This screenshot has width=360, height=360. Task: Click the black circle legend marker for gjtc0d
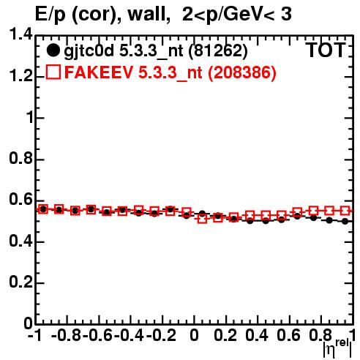(x=53, y=50)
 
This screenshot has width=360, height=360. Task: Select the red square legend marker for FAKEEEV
(x=53, y=72)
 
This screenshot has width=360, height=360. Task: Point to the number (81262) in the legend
(x=218, y=50)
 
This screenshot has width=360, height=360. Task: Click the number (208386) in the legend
(x=241, y=72)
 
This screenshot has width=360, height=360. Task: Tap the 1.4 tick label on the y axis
(x=20, y=34)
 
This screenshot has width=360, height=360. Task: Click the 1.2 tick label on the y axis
(x=20, y=76)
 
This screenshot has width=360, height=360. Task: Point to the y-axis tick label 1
(x=29, y=118)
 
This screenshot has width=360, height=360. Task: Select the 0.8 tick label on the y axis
(x=20, y=159)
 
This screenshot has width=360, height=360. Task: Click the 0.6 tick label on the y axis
(x=20, y=200)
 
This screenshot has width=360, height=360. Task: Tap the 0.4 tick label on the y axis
(x=20, y=241)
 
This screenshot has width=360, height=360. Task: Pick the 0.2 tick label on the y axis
(x=20, y=282)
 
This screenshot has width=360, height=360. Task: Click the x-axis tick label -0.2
(x=161, y=336)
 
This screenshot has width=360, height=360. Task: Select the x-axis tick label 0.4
(x=257, y=336)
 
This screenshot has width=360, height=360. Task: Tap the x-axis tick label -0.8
(x=67, y=336)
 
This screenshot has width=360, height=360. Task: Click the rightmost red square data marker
(x=345, y=211)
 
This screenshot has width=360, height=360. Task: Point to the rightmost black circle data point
(x=345, y=221)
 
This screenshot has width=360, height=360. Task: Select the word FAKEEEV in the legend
(x=99, y=72)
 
